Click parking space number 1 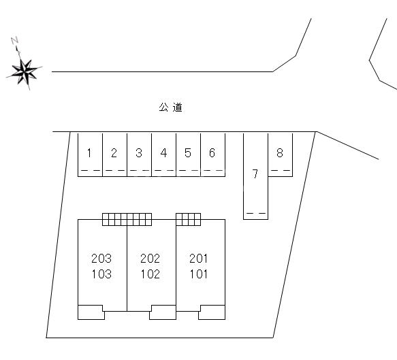pos(90,154)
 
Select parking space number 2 pos(114,154)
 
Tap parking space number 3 pos(139,154)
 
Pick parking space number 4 pos(164,154)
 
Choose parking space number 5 pos(189,154)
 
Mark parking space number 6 pos(213,154)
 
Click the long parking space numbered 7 pos(256,176)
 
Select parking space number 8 pos(281,154)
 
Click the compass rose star pos(25,72)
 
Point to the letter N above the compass pos(15,40)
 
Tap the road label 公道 pos(171,108)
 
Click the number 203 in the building pos(101,259)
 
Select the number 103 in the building pos(101,274)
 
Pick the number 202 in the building pos(150,259)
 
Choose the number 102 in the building pos(150,274)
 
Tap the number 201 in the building pos(199,259)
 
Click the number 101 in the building pos(199,274)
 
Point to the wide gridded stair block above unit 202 pos(127,219)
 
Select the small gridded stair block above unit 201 pos(189,219)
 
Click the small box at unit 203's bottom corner pos(91,312)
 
